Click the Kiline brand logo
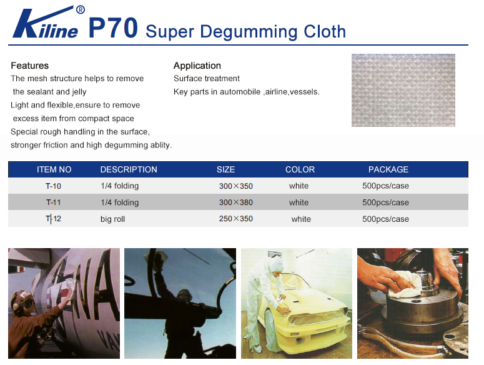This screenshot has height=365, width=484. click(x=49, y=22)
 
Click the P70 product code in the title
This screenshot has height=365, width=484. click(x=113, y=28)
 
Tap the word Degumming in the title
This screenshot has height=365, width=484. click(x=249, y=32)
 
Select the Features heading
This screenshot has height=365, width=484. click(x=29, y=66)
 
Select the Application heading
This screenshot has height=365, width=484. click(x=197, y=66)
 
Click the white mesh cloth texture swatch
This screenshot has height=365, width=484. click(x=403, y=90)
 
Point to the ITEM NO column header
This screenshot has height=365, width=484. click(x=54, y=169)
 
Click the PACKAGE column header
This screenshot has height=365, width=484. click(x=388, y=169)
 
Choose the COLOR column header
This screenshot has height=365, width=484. click(x=300, y=169)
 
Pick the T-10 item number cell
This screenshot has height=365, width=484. click(x=54, y=186)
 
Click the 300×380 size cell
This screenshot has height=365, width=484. click(x=236, y=202)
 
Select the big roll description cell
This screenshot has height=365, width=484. click(x=112, y=219)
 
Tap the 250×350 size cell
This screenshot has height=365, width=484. click(x=236, y=219)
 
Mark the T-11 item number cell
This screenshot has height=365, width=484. click(x=54, y=202)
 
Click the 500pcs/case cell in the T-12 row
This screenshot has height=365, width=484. click(x=385, y=219)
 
